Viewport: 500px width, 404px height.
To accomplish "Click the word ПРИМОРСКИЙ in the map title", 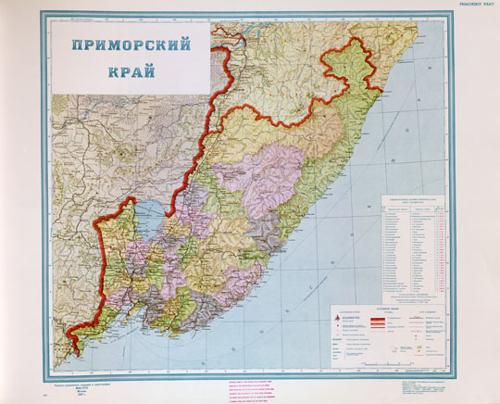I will tap(126, 46).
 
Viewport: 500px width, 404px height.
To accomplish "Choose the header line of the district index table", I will tap(413, 200).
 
